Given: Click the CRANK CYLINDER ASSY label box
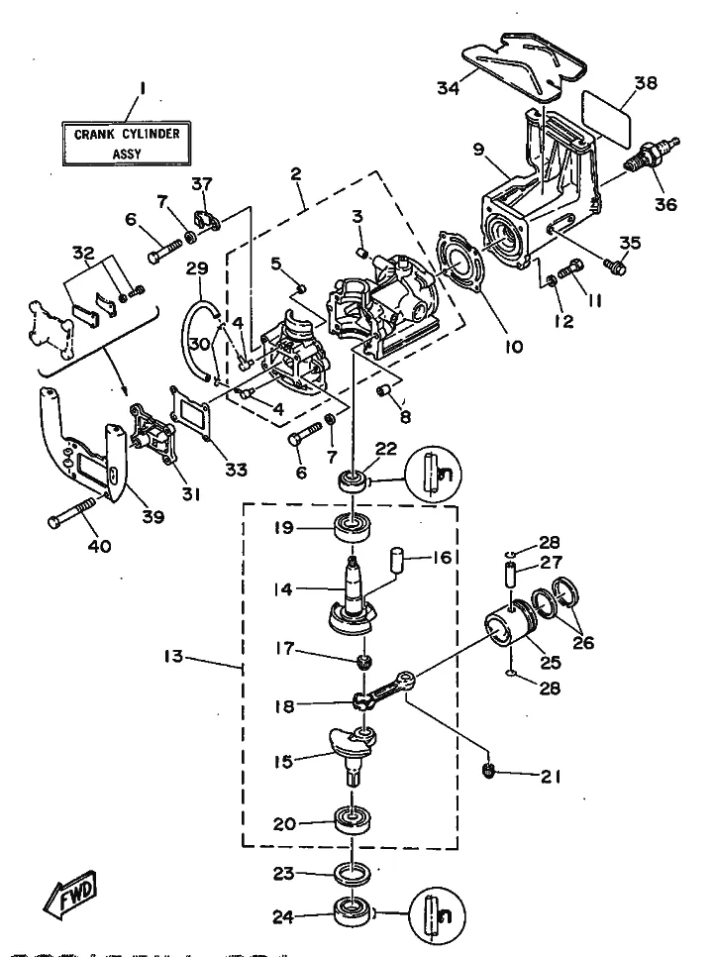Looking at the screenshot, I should coord(127,143).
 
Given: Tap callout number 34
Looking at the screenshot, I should coord(449,88).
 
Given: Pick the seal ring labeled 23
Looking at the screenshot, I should coord(353,873).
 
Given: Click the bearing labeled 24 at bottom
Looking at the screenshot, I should coord(353,911).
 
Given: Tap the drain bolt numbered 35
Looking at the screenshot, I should coord(616,265).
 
